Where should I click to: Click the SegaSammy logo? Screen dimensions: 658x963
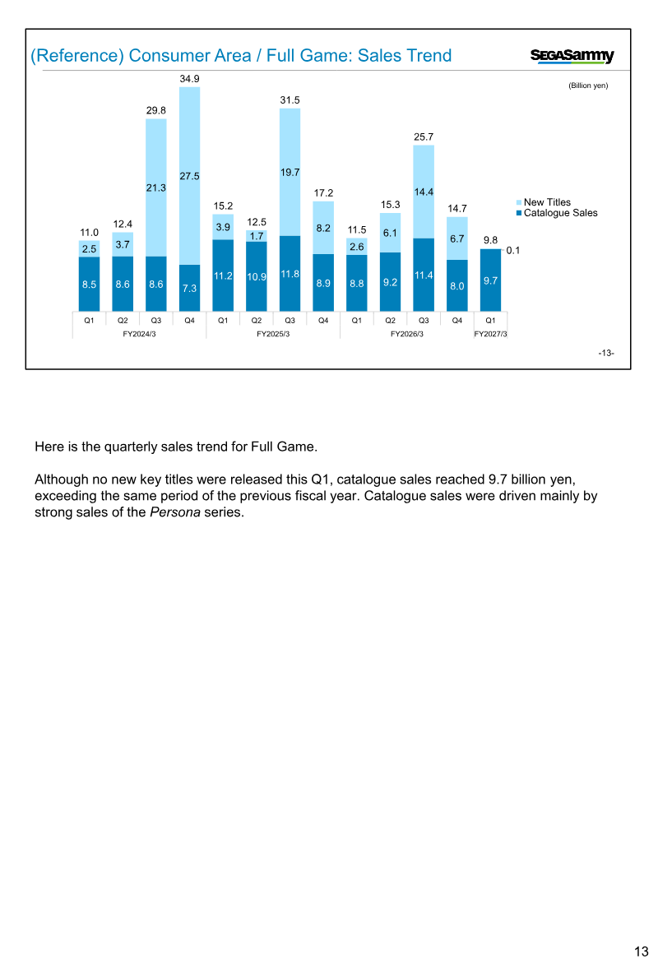click(572, 56)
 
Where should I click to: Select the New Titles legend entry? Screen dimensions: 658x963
click(544, 202)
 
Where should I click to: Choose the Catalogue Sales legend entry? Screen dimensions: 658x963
click(557, 213)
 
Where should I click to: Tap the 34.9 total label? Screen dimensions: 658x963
click(189, 79)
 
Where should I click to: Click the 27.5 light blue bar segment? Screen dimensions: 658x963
click(189, 176)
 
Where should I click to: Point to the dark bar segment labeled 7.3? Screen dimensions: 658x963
click(189, 288)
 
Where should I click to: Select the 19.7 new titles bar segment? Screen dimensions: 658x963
click(290, 172)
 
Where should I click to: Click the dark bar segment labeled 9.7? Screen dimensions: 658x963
click(490, 280)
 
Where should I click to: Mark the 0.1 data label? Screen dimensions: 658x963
click(513, 251)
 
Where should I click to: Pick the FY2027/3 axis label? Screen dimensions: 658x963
click(490, 334)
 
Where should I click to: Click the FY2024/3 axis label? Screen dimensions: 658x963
click(140, 334)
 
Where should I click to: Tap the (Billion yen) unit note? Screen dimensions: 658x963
click(588, 86)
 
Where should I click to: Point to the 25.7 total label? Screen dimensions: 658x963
click(424, 137)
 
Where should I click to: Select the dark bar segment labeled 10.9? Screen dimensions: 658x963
click(256, 276)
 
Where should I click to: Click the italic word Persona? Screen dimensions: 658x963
click(175, 512)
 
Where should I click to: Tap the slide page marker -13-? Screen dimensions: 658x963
click(606, 353)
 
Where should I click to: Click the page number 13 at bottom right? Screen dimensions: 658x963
click(642, 951)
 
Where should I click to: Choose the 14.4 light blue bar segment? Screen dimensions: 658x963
click(424, 192)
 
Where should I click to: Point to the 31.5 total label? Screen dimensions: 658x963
click(290, 100)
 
